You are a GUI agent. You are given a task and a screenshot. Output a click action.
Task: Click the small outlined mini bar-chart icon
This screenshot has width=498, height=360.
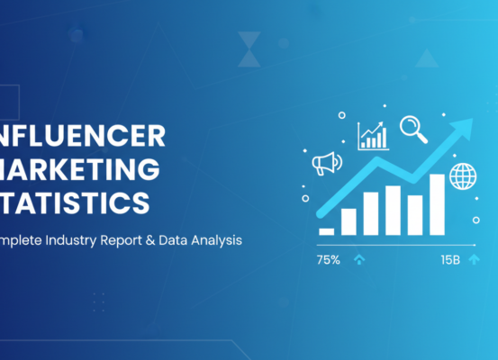click(x=372, y=136)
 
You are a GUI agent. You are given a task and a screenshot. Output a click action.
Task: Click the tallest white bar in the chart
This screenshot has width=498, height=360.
click(x=437, y=203)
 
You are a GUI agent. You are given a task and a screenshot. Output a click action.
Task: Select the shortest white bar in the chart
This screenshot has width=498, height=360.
click(x=327, y=230)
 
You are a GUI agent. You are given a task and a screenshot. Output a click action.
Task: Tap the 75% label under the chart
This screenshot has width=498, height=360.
click(x=328, y=259)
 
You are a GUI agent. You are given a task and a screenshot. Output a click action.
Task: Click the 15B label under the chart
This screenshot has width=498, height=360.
click(x=449, y=259)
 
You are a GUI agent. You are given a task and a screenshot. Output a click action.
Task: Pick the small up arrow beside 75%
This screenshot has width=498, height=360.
click(x=360, y=259)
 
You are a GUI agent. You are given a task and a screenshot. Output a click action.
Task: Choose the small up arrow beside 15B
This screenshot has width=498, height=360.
click(x=474, y=259)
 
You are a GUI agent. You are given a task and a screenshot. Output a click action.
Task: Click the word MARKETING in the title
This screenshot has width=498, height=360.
click(x=80, y=168)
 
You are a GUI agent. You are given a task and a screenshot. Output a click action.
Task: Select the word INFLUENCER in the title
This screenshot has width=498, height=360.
click(x=83, y=136)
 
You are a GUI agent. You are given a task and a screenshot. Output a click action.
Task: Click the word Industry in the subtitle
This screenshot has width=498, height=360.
click(x=85, y=240)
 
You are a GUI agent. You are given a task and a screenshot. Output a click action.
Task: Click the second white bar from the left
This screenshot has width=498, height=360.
click(x=349, y=220)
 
